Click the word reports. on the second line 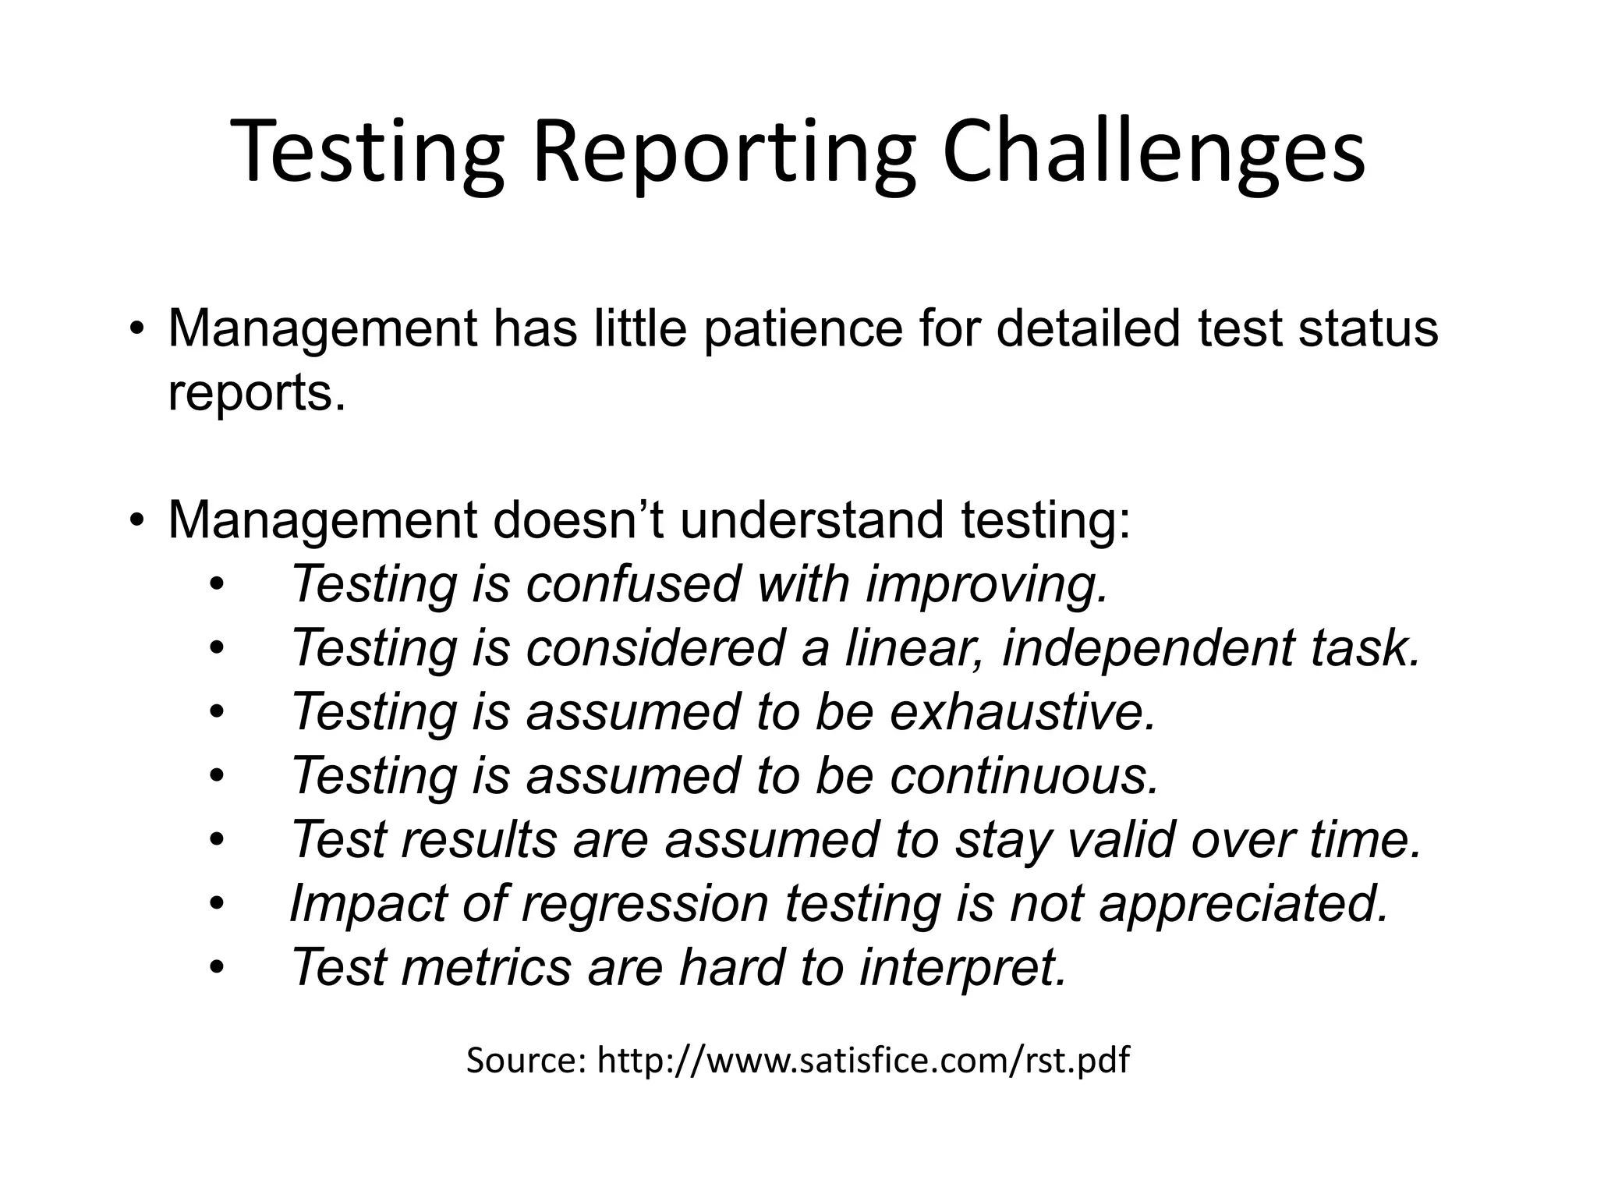pos(257,394)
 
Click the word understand pos(812,520)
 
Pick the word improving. pos(987,584)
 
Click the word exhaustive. pos(1022,712)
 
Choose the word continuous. pos(1025,776)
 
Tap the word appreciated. pos(1245,904)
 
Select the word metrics pos(486,968)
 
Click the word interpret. pos(962,968)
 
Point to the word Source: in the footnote pos(526,1062)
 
